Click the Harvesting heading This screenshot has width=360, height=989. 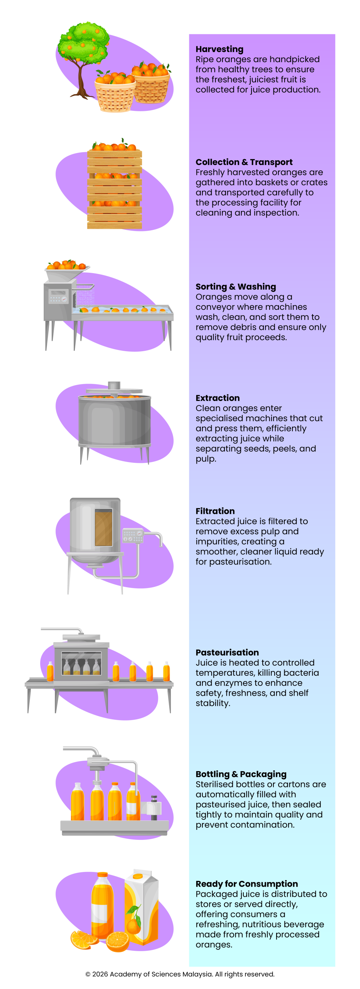(x=219, y=49)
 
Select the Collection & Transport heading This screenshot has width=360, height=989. (x=244, y=162)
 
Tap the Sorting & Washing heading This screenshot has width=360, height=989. (x=236, y=287)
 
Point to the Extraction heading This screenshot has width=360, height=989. (x=217, y=398)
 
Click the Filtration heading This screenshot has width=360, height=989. (x=215, y=511)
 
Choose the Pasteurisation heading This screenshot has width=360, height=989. (x=227, y=653)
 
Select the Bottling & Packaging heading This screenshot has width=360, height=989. (x=241, y=774)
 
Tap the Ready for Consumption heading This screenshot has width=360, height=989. (x=246, y=884)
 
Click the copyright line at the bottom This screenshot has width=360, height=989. (x=180, y=974)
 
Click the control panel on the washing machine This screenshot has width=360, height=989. (x=58, y=297)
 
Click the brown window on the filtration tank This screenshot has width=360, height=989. (x=104, y=527)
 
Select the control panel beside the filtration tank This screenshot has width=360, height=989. (x=132, y=536)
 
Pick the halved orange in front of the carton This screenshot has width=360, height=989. (x=118, y=941)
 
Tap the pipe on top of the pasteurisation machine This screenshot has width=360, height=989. (x=62, y=630)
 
